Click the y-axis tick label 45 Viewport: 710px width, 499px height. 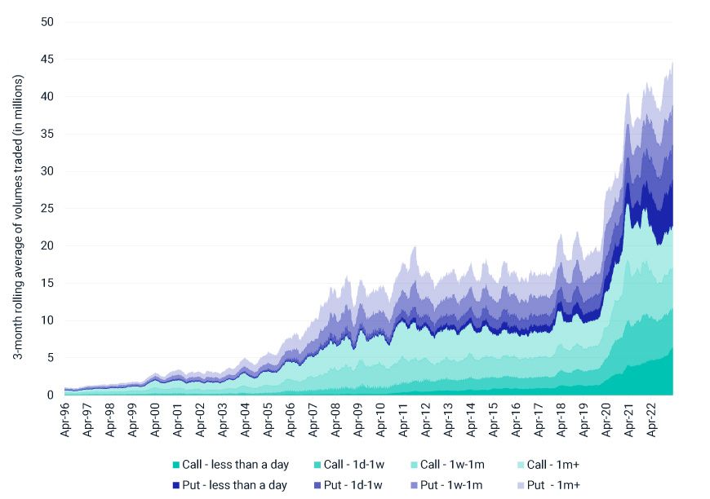[47, 59]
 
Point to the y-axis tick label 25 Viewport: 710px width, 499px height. [47, 208]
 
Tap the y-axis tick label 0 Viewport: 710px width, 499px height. [50, 395]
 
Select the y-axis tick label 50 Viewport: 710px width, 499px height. [47, 21]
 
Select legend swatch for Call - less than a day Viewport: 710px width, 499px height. [177, 465]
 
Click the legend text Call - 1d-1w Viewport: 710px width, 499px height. [351, 465]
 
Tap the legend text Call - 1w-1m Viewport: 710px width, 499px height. [452, 465]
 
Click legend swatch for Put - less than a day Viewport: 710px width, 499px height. [177, 485]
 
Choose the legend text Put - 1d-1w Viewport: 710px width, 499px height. [351, 485]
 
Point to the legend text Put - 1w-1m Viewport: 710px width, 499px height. [452, 485]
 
